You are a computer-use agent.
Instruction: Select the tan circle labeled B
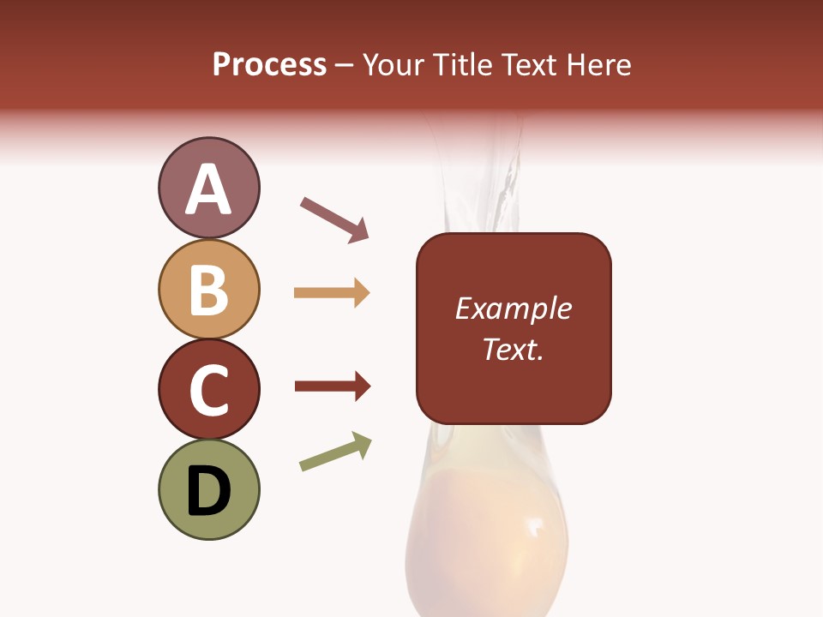point(208,289)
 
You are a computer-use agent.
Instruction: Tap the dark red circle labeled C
point(208,389)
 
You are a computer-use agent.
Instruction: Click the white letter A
point(209,189)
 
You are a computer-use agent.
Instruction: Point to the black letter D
point(209,491)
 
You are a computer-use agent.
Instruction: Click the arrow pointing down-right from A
point(334,219)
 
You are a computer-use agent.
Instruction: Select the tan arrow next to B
point(332,293)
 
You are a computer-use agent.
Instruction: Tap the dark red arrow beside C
point(333,386)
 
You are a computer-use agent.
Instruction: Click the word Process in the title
point(269,65)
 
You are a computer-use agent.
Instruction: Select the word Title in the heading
point(460,65)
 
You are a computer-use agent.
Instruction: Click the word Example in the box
point(514,308)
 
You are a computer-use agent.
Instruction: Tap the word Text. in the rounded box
point(514,349)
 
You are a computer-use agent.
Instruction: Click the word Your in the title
point(393,65)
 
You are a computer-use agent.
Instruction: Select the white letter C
point(208,390)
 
